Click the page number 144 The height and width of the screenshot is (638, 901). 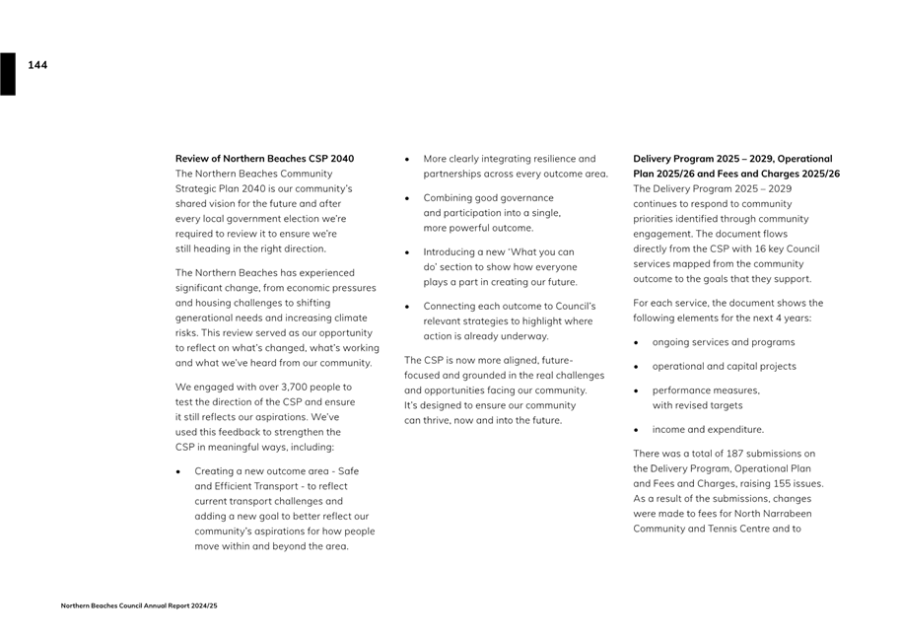click(37, 65)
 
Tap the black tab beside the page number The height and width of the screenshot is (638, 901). click(8, 74)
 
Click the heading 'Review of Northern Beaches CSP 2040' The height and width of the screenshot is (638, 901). click(264, 159)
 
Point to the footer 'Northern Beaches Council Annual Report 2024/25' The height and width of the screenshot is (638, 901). click(139, 605)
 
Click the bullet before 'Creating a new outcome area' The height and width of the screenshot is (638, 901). click(178, 472)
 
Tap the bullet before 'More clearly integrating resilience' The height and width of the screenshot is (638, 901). click(407, 159)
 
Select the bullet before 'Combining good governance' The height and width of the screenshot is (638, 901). click(407, 198)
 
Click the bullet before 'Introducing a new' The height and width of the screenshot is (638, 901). click(407, 252)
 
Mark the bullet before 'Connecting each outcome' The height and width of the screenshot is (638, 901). click(407, 307)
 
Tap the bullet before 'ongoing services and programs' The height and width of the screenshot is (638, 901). click(637, 343)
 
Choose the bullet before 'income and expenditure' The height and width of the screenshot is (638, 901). click(637, 430)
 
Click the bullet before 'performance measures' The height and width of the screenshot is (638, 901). click(637, 390)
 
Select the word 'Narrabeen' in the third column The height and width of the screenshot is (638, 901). click(779, 514)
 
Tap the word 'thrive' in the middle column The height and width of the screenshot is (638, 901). click(438, 420)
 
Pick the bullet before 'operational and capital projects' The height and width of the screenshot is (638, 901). click(637, 367)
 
